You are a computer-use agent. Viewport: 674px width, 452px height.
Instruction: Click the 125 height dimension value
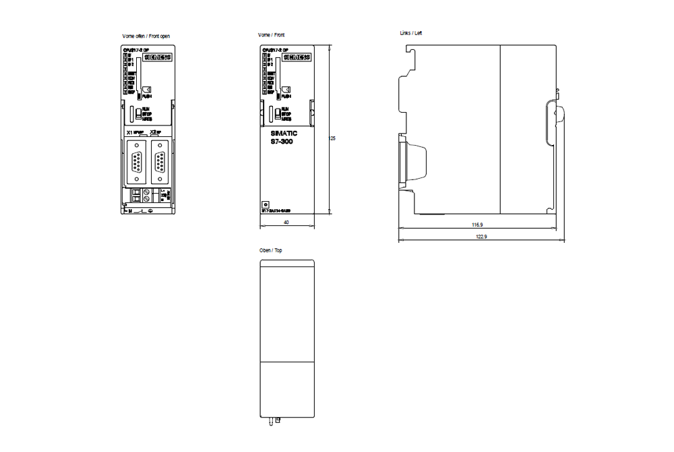tap(332, 138)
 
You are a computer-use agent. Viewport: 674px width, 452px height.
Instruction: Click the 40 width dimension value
tap(286, 221)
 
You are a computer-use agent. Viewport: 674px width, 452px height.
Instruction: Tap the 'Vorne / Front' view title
tap(272, 34)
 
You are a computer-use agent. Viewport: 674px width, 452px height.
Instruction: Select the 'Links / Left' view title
tap(411, 32)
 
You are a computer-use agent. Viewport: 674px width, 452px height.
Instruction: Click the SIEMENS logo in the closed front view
tap(295, 58)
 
